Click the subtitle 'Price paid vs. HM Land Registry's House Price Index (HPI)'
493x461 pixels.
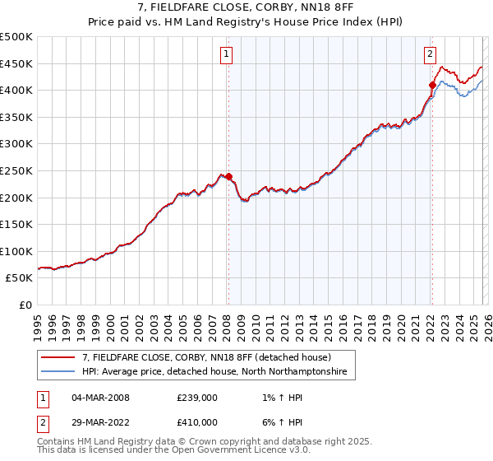pyautogui.click(x=246, y=22)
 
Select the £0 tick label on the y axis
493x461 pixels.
pyautogui.click(x=25, y=305)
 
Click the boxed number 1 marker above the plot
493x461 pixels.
pyautogui.click(x=226, y=55)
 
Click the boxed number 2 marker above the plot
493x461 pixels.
pyautogui.click(x=430, y=55)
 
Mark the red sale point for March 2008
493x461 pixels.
pyautogui.click(x=228, y=176)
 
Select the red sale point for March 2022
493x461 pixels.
pyautogui.click(x=432, y=84)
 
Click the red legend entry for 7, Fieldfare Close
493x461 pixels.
pyautogui.click(x=205, y=358)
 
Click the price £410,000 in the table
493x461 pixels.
pyautogui.click(x=197, y=421)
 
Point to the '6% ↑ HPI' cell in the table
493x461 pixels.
pyautogui.click(x=279, y=421)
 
